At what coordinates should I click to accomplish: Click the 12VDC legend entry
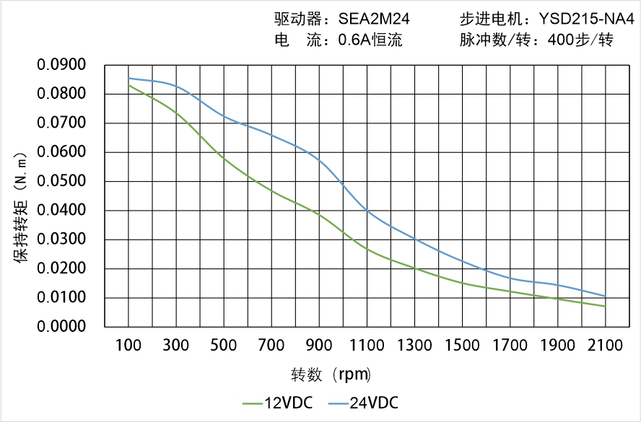click(x=278, y=403)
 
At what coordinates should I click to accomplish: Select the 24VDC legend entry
click(x=363, y=403)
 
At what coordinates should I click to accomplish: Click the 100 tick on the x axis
click(x=129, y=346)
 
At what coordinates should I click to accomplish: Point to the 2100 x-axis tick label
click(x=605, y=346)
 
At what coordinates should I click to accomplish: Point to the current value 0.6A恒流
click(x=370, y=40)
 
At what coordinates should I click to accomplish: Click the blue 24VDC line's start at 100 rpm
click(x=129, y=79)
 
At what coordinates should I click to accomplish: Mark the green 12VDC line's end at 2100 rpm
click(x=605, y=306)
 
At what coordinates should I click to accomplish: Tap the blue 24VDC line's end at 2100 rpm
click(x=605, y=296)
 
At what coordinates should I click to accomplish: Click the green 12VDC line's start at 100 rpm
click(x=129, y=86)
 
